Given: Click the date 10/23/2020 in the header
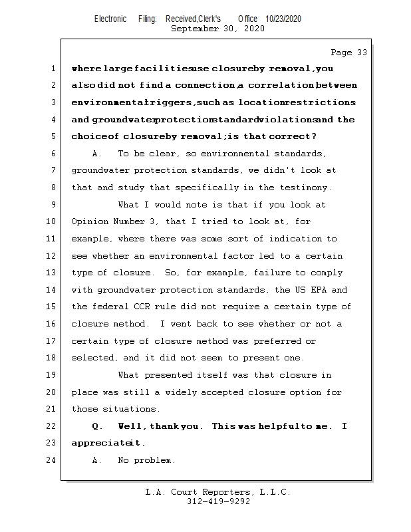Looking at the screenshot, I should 283,19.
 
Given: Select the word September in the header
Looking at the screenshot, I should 195,29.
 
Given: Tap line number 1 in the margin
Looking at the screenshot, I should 53,68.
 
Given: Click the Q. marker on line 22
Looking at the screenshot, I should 97,426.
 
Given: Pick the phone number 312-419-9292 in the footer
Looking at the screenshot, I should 218,501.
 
